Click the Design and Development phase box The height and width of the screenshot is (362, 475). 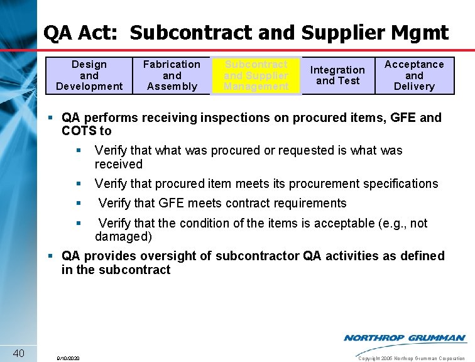click(89, 75)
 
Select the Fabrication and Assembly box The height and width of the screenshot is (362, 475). click(172, 75)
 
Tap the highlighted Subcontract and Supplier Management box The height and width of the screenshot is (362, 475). click(256, 75)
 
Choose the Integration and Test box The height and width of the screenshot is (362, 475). click(337, 75)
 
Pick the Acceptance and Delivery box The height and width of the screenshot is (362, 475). click(414, 75)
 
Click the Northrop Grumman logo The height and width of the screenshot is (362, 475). click(405, 338)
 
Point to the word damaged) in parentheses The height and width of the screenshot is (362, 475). click(123, 237)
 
